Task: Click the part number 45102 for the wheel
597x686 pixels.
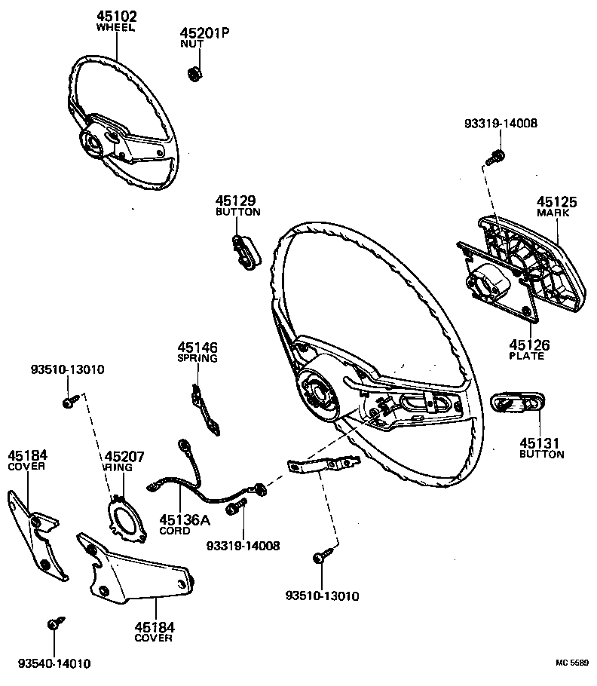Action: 115,16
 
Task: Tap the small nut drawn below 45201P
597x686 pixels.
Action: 192,75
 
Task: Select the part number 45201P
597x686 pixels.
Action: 204,33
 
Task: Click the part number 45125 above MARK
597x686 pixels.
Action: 556,202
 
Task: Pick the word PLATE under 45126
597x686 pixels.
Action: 526,356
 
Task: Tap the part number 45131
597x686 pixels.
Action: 541,443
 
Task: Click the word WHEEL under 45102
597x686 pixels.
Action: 115,27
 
